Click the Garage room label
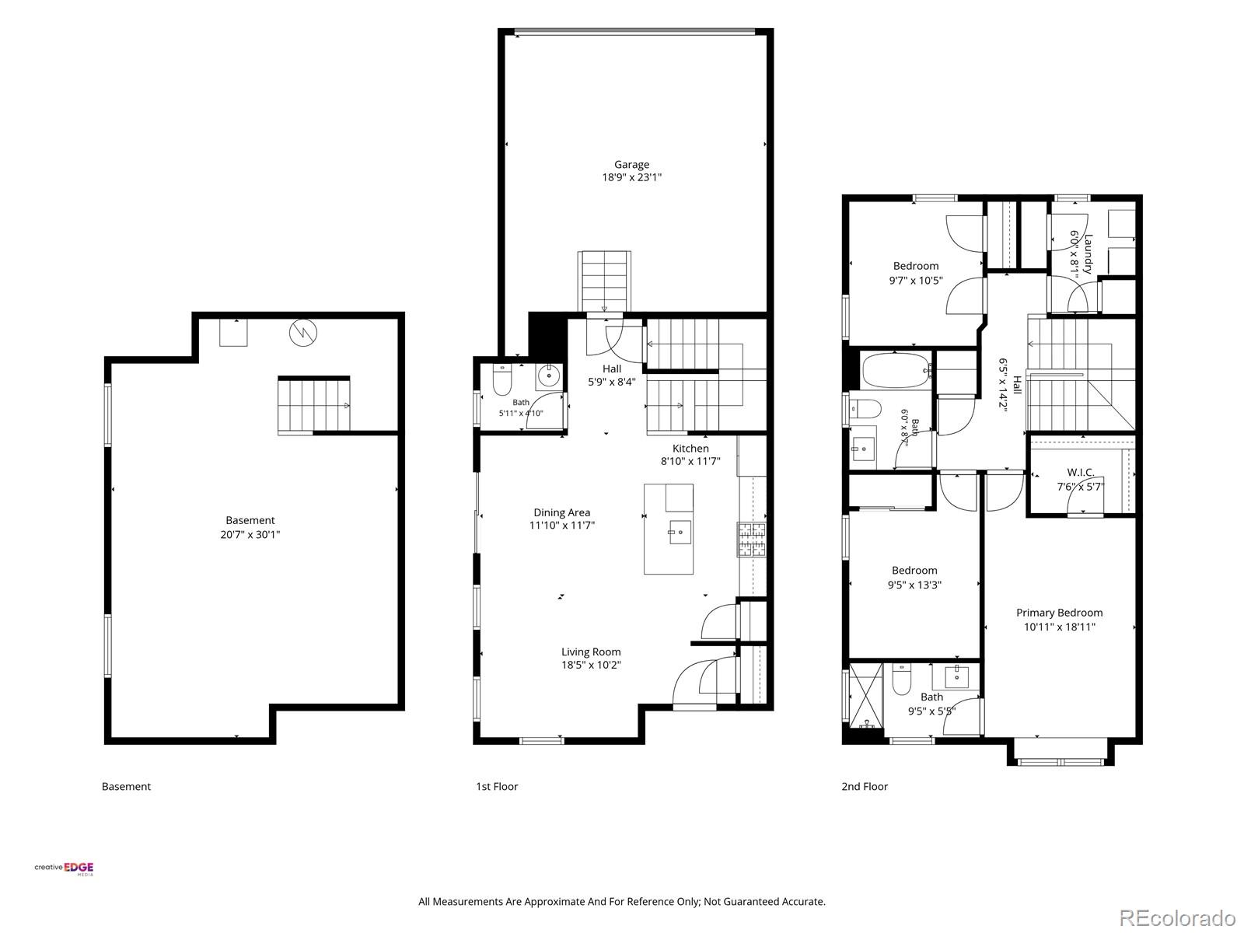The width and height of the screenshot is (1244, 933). (x=631, y=165)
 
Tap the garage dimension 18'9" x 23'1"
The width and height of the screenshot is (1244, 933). (x=631, y=177)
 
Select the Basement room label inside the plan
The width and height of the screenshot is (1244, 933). (x=250, y=520)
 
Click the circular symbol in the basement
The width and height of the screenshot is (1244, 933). (x=303, y=333)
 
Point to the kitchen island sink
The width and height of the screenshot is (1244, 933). (x=680, y=532)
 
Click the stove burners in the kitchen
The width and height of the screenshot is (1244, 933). (x=752, y=540)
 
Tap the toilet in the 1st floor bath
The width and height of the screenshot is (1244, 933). (x=502, y=380)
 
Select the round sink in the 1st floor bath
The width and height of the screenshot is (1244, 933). (x=549, y=376)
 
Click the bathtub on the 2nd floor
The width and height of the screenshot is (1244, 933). (x=896, y=371)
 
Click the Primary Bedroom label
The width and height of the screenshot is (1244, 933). (x=1059, y=613)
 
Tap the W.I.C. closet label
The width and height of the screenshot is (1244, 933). (x=1081, y=473)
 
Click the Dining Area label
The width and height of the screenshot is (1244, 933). (x=561, y=512)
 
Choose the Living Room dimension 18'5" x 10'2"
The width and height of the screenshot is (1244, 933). (x=591, y=665)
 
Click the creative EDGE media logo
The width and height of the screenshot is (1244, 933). (x=64, y=868)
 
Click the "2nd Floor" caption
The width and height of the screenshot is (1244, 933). (x=865, y=786)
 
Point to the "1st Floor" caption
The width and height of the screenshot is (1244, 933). (x=497, y=786)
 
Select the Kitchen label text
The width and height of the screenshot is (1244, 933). (x=690, y=449)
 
